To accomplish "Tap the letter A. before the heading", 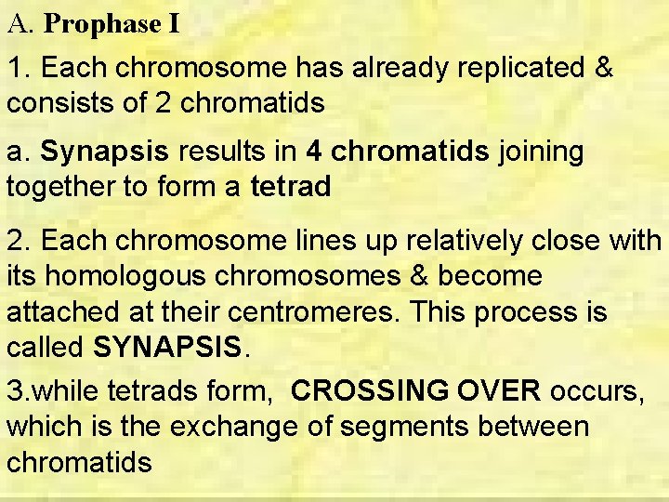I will pyautogui.click(x=20, y=25).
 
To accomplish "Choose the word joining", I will pyautogui.click(x=542, y=152).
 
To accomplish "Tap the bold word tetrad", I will pyautogui.click(x=290, y=187).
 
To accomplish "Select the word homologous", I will pyautogui.click(x=128, y=276).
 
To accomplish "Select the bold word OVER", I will pyautogui.click(x=500, y=391).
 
